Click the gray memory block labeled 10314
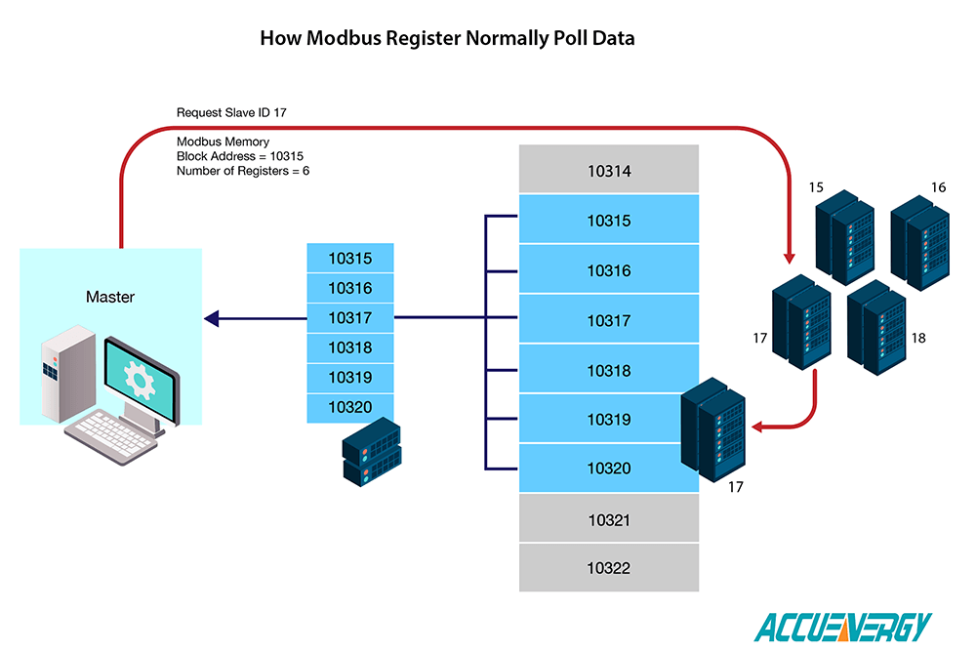(x=609, y=170)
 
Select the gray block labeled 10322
(x=609, y=568)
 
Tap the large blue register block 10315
(x=609, y=221)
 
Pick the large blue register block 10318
(x=609, y=370)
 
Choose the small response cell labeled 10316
(x=350, y=288)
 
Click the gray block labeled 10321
(x=609, y=519)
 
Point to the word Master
(x=110, y=297)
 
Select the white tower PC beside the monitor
(x=61, y=376)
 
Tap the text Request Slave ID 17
(x=231, y=113)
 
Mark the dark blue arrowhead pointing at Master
(x=211, y=317)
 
